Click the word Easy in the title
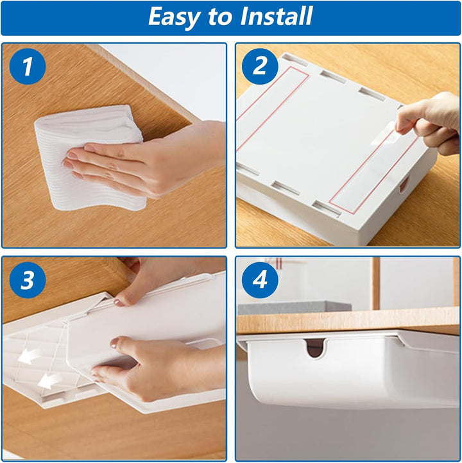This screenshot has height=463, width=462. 174,17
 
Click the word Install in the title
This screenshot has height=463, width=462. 276,15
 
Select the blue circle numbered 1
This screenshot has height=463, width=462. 28,67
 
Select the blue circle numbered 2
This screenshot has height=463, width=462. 260,67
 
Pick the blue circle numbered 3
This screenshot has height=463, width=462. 28,280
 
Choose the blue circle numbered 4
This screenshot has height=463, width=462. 260,280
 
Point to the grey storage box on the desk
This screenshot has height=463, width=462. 295,308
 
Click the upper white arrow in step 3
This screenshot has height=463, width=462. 29,356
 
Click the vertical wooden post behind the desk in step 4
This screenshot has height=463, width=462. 376,283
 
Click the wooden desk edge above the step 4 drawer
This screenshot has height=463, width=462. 348,321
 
